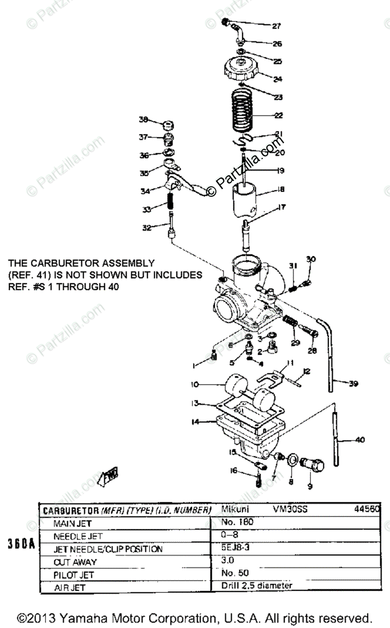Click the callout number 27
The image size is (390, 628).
276,26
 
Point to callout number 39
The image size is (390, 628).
353,384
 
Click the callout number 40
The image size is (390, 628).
360,440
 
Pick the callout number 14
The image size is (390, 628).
196,421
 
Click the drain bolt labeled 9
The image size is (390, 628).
314,464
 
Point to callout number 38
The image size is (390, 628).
143,119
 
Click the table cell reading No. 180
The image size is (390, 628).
234,522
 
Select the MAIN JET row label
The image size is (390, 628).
73,523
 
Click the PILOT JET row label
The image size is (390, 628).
74,574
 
